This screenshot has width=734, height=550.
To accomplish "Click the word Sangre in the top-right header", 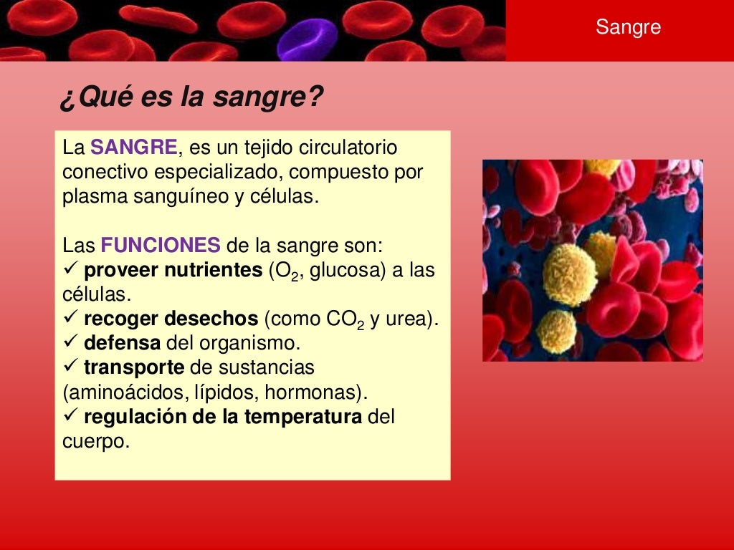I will (x=628, y=28).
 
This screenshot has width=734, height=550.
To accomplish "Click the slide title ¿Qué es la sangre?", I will (x=191, y=99).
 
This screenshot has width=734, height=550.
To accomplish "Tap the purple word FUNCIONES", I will (x=161, y=246).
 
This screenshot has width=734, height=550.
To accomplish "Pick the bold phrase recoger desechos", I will (x=171, y=319).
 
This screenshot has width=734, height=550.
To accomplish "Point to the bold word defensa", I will (x=123, y=343).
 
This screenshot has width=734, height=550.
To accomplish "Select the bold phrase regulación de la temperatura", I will (x=223, y=417).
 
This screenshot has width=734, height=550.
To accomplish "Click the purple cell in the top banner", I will (x=307, y=39).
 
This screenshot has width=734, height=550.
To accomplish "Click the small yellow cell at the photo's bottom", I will (x=556, y=331).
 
